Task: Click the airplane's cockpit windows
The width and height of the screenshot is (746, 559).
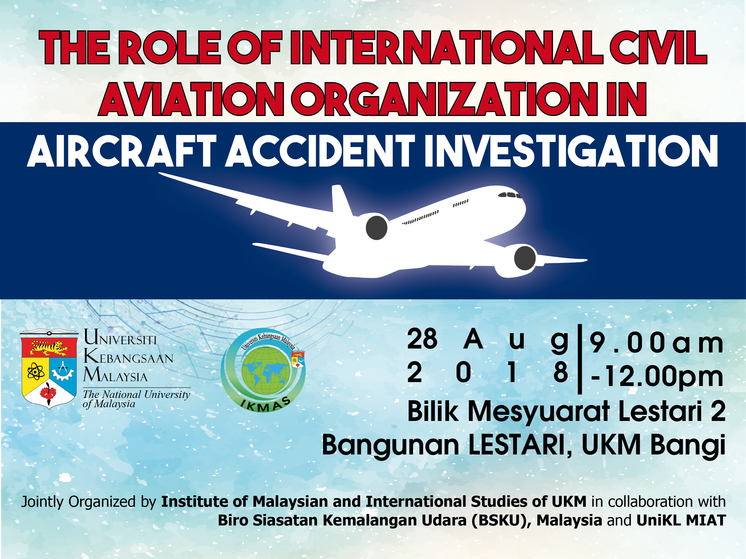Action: click(509, 195)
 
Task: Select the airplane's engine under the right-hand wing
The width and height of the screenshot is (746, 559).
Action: click(524, 258)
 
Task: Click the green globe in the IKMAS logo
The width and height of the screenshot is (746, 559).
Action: click(266, 371)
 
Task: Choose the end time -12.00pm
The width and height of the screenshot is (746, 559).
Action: click(656, 376)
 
